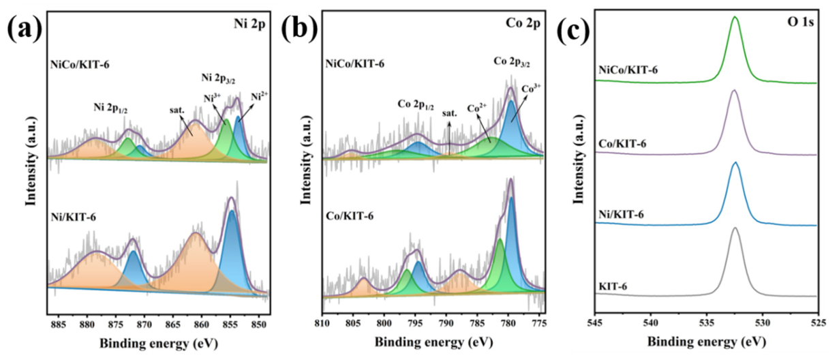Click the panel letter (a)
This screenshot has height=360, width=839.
25,29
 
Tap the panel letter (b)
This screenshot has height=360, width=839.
300,29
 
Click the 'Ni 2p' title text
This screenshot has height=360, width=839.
249,24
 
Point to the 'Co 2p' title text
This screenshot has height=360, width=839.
523,23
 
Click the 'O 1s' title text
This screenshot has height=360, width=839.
801,22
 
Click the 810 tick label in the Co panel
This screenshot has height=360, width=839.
322,323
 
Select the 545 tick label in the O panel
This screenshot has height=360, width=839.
595,322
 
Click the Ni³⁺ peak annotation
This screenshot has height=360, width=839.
212,98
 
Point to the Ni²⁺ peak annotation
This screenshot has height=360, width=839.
259,96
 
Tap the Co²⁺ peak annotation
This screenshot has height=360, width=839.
477,108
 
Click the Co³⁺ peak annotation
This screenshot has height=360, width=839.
531,89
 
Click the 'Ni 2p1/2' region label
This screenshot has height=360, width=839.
111,108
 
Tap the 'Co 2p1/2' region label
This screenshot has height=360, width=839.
415,105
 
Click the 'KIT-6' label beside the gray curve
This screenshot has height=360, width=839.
613,286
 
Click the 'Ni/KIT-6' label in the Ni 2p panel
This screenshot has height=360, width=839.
74,217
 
